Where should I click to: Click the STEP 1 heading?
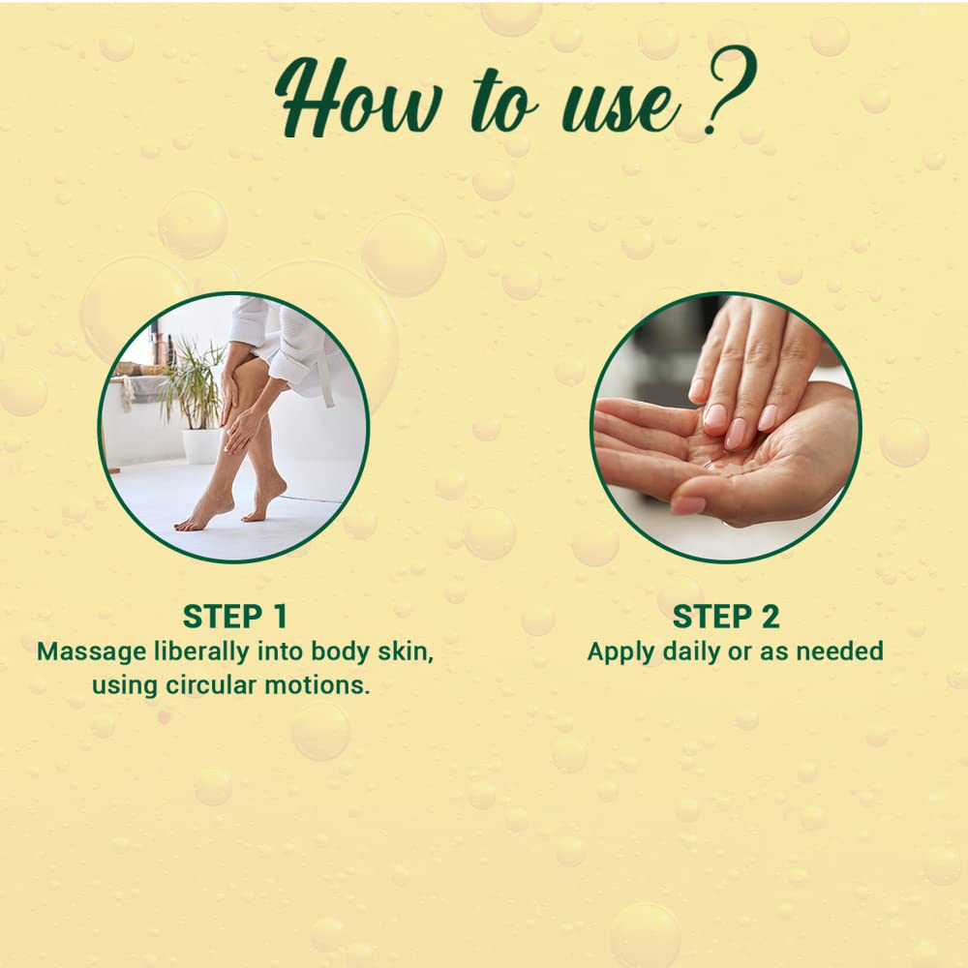(x=234, y=617)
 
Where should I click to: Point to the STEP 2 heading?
(x=725, y=617)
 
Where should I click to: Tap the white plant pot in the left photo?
(x=201, y=444)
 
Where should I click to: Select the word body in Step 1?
(x=344, y=651)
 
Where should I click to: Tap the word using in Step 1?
(x=125, y=685)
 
